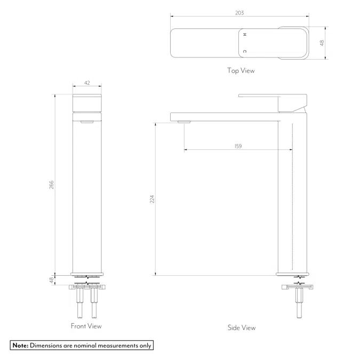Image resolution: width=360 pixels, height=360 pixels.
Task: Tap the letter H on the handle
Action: click(245, 34)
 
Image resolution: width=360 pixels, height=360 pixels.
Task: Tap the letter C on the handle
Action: click(245, 51)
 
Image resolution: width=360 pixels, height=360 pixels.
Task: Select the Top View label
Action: click(241, 70)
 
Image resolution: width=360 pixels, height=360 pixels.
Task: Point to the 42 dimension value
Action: click(87, 83)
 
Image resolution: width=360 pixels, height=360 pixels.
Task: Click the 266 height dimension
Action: click(52, 185)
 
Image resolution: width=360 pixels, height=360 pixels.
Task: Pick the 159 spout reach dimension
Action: click(238, 146)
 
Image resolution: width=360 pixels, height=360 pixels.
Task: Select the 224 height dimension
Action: click(151, 199)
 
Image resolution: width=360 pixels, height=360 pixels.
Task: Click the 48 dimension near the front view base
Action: click(52, 279)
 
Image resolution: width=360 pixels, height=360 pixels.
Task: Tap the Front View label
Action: click(86, 326)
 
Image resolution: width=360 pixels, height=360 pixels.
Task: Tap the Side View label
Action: click(241, 327)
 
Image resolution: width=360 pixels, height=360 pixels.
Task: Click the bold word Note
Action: click(20, 346)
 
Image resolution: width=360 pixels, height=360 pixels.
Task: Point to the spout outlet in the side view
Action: click(184, 122)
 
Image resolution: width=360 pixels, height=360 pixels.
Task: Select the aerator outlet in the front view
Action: click(86, 122)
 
